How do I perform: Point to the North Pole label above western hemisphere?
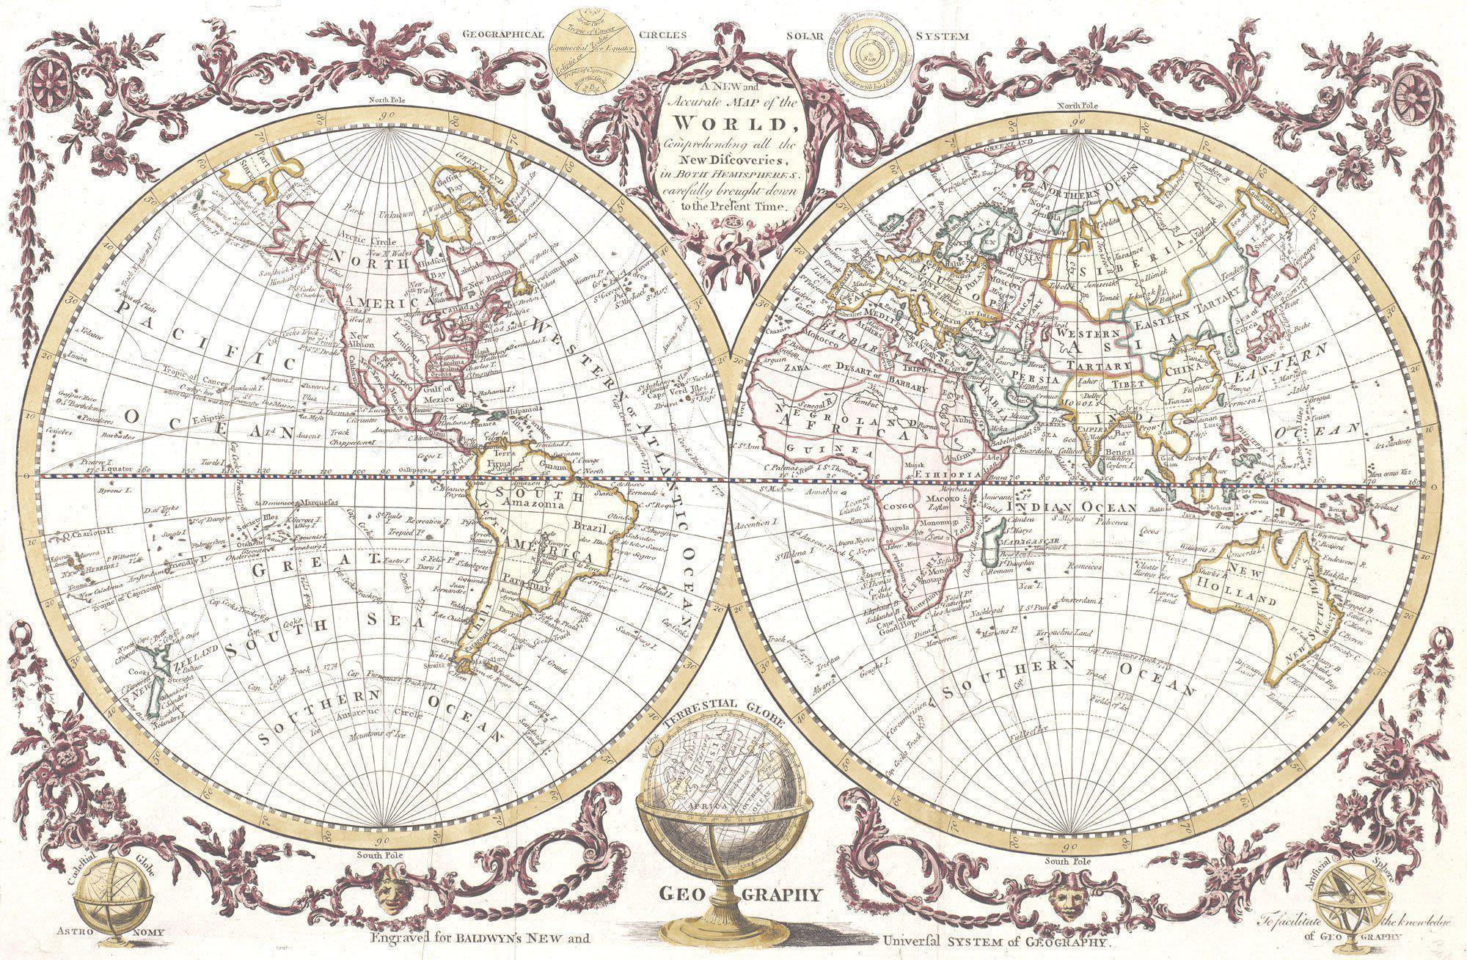click(371, 100)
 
